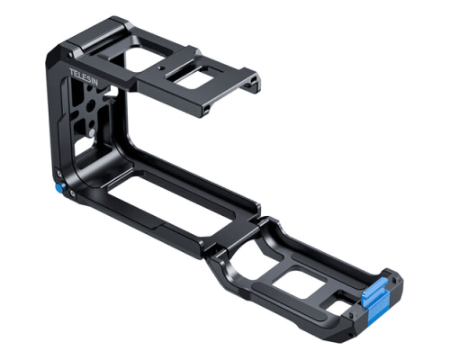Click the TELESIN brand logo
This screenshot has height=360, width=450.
(x=84, y=77)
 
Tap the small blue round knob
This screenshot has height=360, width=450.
(x=58, y=189)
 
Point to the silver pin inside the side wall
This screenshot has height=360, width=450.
(x=92, y=132)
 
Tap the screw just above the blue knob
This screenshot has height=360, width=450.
(x=59, y=174)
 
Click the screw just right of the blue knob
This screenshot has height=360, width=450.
(x=71, y=193)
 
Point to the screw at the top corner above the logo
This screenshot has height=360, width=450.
(x=70, y=55)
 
